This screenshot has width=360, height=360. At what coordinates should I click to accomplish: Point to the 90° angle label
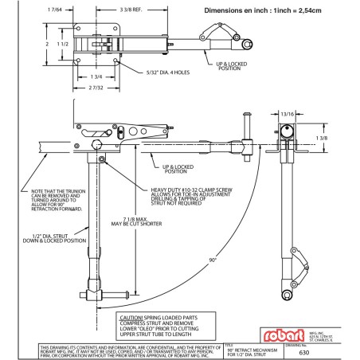pyautogui.click(x=213, y=260)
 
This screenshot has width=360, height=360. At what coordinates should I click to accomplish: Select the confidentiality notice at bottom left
pyautogui.click(x=112, y=347)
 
